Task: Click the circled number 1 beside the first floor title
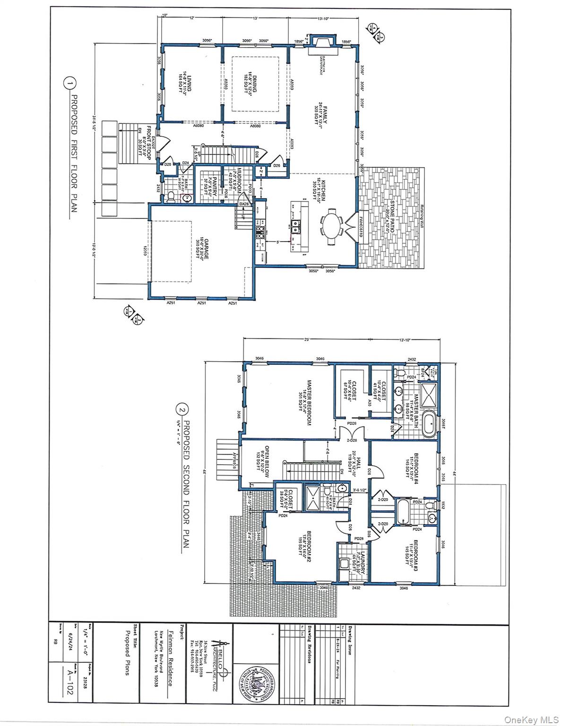[x=69, y=85]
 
